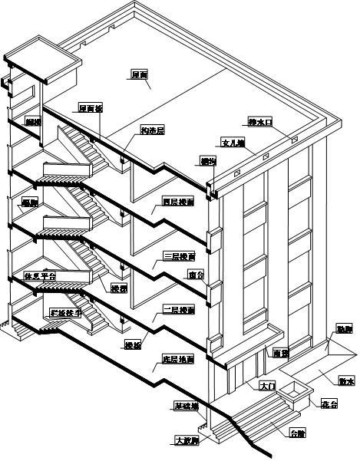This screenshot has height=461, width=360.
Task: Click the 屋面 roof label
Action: pyautogui.click(x=139, y=74)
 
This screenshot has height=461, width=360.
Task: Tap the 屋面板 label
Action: pyautogui.click(x=91, y=108)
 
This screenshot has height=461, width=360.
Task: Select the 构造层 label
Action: pyautogui.click(x=152, y=130)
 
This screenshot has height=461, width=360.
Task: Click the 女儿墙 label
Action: pyautogui.click(x=232, y=143)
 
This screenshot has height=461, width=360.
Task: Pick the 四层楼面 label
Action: pyautogui.click(x=178, y=203)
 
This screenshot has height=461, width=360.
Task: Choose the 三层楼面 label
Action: pyautogui.click(x=178, y=256)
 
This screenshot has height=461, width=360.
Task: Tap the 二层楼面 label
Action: pyautogui.click(x=178, y=310)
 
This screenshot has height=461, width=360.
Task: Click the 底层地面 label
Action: pyautogui.click(x=177, y=359)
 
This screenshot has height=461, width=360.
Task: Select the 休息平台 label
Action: pyautogui.click(x=41, y=275)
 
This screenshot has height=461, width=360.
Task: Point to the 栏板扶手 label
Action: pyautogui.click(x=64, y=313)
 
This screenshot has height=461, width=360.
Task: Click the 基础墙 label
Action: pyautogui.click(x=187, y=407)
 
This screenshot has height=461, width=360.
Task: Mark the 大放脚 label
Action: pyautogui.click(x=186, y=441)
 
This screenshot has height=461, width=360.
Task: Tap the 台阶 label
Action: pyautogui.click(x=296, y=433)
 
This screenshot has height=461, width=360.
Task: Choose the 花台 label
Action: pyautogui.click(x=329, y=403)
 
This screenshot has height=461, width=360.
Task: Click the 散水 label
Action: pyautogui.click(x=345, y=380)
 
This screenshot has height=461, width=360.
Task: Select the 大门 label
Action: pyautogui.click(x=267, y=386)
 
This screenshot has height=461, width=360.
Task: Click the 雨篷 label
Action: pyautogui.click(x=280, y=354)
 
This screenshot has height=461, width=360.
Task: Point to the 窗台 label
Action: pyautogui.click(x=196, y=275)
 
